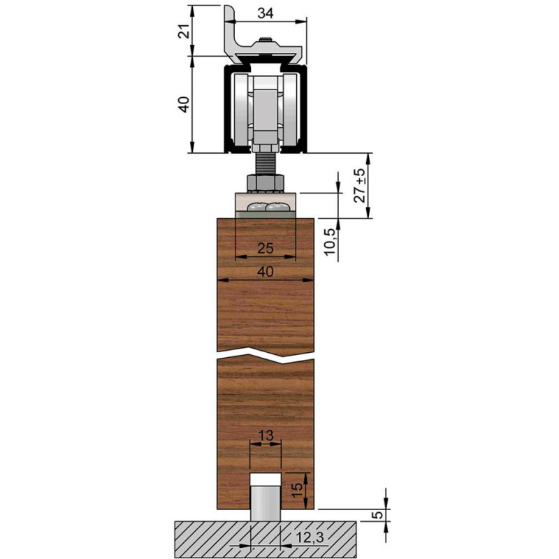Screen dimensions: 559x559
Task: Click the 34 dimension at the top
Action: coord(266,13)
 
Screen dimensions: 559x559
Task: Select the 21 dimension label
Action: coord(184,32)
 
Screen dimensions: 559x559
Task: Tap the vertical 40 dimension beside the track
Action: coord(184,104)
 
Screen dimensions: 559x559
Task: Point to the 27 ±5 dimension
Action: coord(360,186)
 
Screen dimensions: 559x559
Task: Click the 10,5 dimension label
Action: coord(330,242)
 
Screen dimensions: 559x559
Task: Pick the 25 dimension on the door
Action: coord(266,248)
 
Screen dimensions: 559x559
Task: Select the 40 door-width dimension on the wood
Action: coord(266,272)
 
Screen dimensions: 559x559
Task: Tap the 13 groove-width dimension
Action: coord(266,435)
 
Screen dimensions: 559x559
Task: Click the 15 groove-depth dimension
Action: coord(297,491)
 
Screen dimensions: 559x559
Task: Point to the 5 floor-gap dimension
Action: coord(379,515)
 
